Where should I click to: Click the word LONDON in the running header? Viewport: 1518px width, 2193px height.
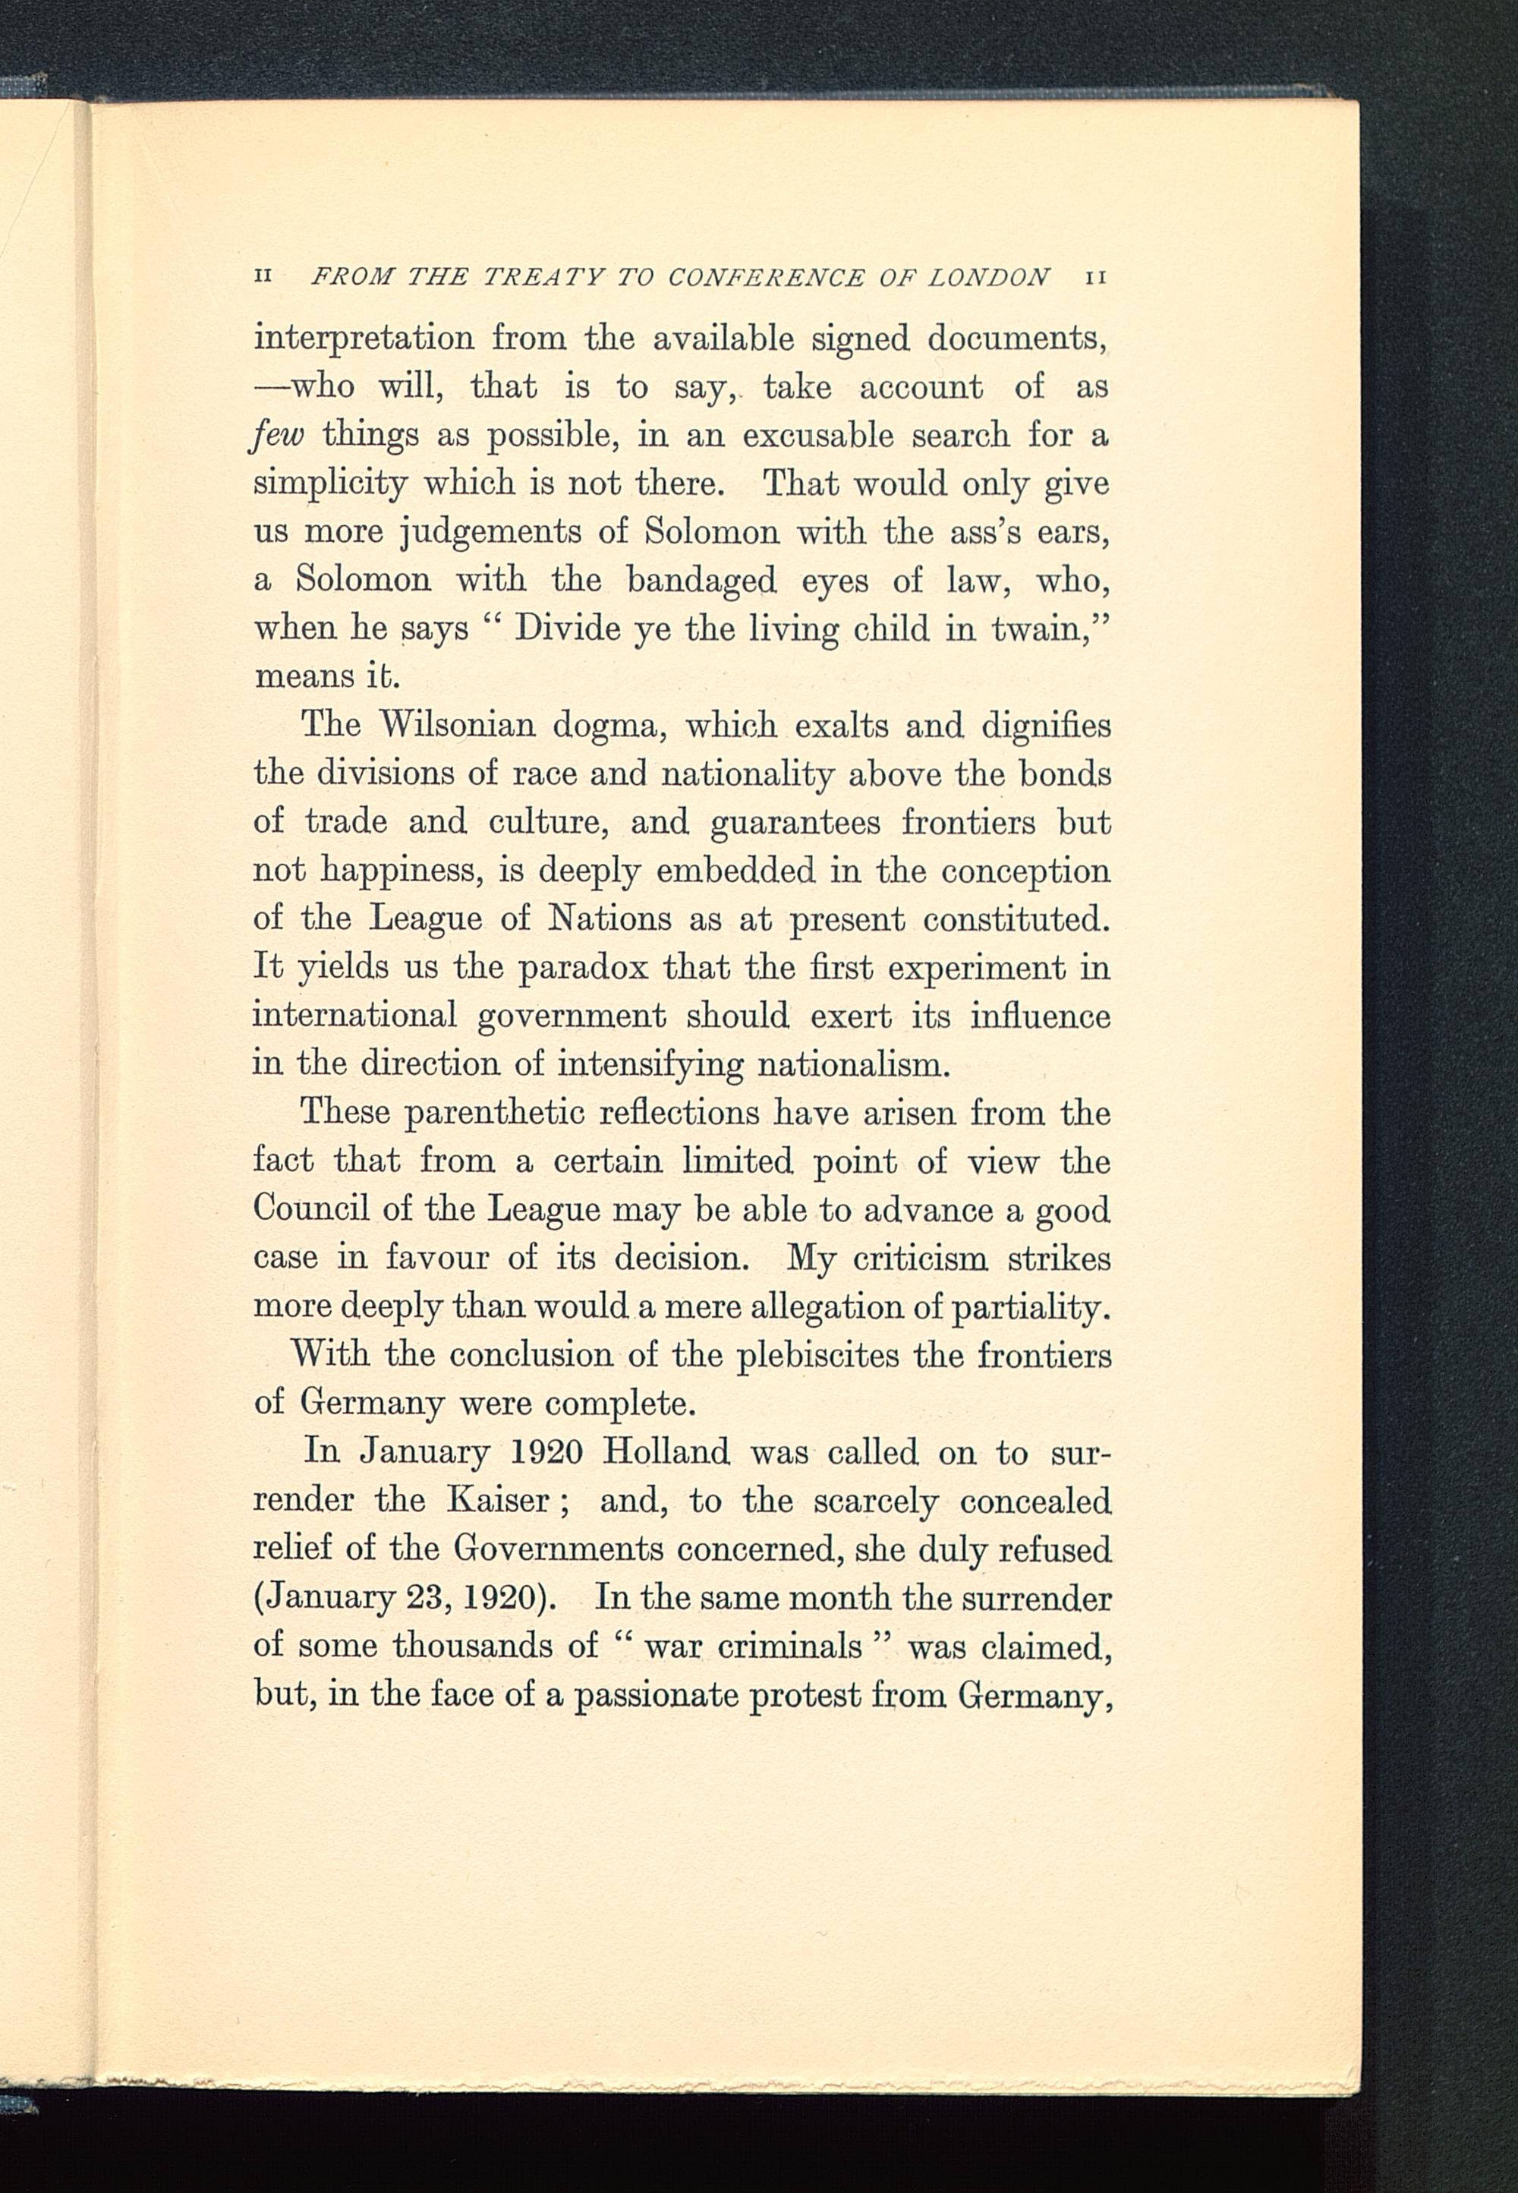pos(988,278)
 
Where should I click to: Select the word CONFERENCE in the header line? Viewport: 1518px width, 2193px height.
pos(766,278)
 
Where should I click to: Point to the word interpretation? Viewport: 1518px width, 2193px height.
pos(364,339)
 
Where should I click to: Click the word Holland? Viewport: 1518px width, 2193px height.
pos(666,1452)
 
